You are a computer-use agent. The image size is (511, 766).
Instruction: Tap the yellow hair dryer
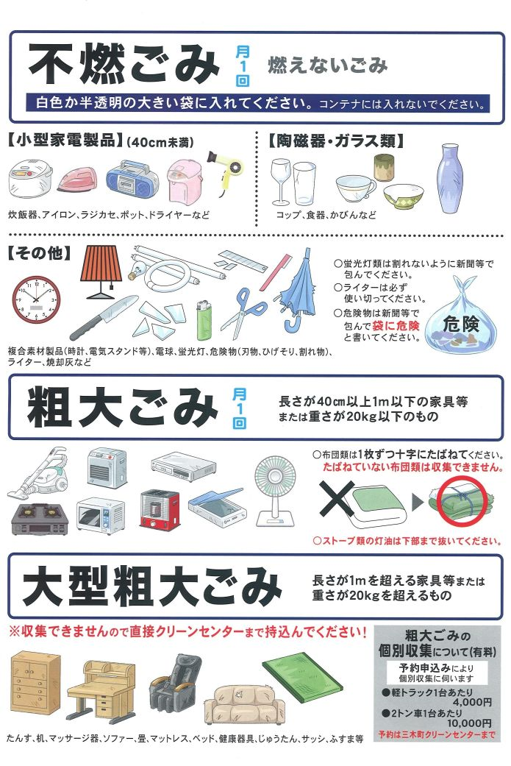(x=226, y=169)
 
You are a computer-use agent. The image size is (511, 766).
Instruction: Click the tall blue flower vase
(x=451, y=178)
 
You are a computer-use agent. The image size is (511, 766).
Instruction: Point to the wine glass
(x=281, y=181)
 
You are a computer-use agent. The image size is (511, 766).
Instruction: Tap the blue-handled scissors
(x=243, y=313)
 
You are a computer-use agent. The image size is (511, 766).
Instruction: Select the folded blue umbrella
(x=297, y=289)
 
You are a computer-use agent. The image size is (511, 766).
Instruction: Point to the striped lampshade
(x=101, y=270)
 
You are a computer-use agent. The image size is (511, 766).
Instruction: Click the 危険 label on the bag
(x=460, y=325)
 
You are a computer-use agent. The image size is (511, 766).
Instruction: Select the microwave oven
(x=101, y=515)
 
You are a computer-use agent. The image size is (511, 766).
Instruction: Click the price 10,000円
(x=469, y=723)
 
